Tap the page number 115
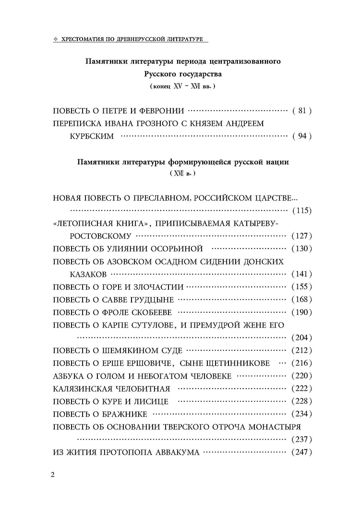click(302, 211)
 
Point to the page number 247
click(302, 452)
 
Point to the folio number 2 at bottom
click(53, 475)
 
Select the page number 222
click(302, 388)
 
